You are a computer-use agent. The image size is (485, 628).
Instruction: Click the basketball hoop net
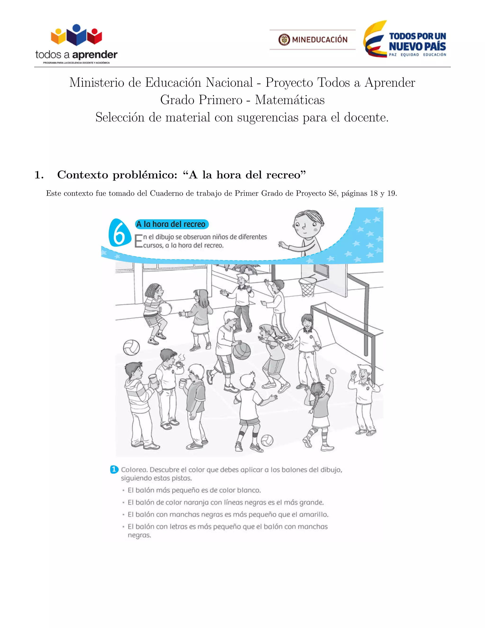[x=307, y=287]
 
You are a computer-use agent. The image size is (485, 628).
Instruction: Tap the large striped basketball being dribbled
[x=241, y=351]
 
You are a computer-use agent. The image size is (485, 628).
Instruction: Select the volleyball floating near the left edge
[x=131, y=347]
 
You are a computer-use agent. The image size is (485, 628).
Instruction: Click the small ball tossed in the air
[x=333, y=371]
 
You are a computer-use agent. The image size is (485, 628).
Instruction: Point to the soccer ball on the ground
[x=267, y=441]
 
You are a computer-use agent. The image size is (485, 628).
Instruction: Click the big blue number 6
[x=119, y=233]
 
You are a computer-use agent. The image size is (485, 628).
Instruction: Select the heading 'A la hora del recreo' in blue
[x=171, y=224]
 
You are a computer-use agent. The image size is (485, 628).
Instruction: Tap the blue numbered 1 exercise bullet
[x=114, y=469]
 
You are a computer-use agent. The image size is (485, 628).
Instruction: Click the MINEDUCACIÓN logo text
[x=319, y=39]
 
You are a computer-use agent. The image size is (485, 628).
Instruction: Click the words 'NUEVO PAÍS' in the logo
[x=417, y=46]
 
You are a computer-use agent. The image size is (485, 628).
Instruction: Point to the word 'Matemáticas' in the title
[x=290, y=100]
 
